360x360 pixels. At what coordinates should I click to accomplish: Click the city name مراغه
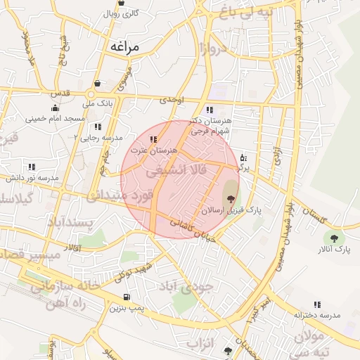click(x=126, y=46)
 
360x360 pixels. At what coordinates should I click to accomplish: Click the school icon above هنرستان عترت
click(x=153, y=140)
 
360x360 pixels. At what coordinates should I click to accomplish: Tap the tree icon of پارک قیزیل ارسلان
click(x=231, y=200)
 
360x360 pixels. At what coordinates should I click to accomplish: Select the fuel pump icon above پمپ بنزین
click(x=127, y=297)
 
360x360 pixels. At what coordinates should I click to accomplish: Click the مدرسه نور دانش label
click(x=31, y=178)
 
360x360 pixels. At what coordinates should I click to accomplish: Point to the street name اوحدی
click(x=172, y=100)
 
